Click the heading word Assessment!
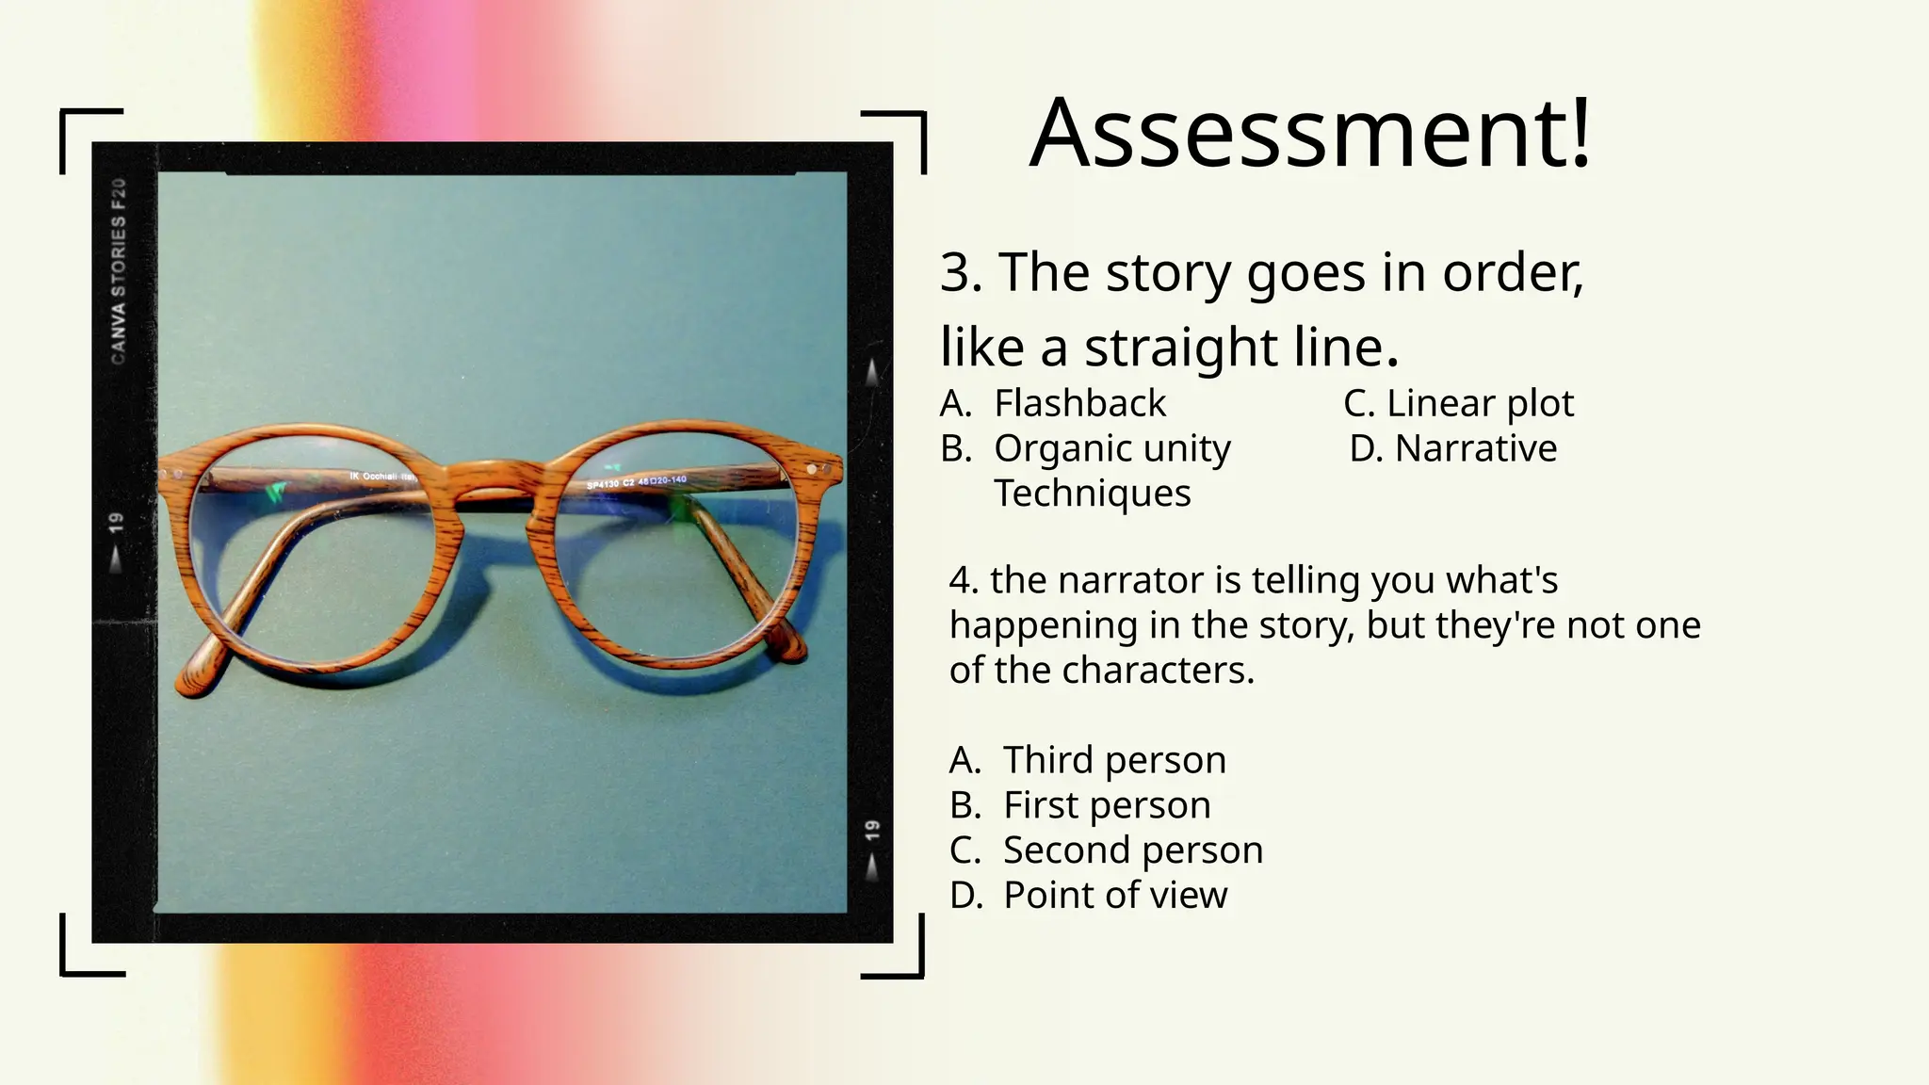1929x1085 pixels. click(1309, 134)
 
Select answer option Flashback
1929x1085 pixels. click(1079, 404)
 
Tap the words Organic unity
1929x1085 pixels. click(1111, 449)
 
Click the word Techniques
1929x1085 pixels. click(1093, 494)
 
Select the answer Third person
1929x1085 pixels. click(1114, 760)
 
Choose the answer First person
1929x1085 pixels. click(1107, 805)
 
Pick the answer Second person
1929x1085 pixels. click(1132, 850)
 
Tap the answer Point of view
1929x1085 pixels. click(1115, 896)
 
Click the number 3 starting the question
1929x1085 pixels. click(959, 273)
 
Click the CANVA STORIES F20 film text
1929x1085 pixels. click(119, 271)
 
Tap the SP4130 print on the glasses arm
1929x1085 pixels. click(604, 485)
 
